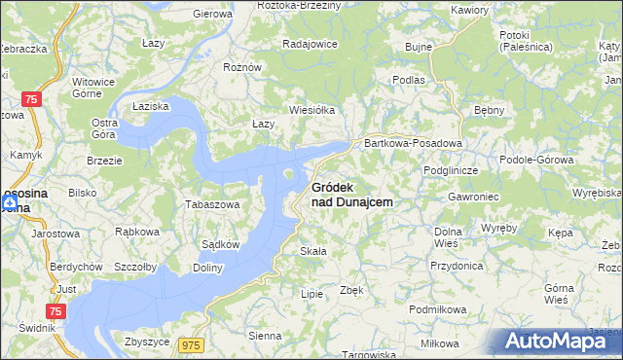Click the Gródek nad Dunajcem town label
click(x=351, y=194)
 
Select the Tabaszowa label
click(x=212, y=205)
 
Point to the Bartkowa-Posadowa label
click(x=412, y=142)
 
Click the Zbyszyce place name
click(x=148, y=342)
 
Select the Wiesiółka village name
click(x=311, y=110)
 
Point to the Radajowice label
click(x=310, y=44)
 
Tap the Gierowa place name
click(x=213, y=14)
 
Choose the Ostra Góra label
click(x=104, y=128)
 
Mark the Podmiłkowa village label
click(x=438, y=308)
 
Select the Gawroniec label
click(x=447, y=196)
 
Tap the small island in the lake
click(x=289, y=175)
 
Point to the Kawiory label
click(x=469, y=10)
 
